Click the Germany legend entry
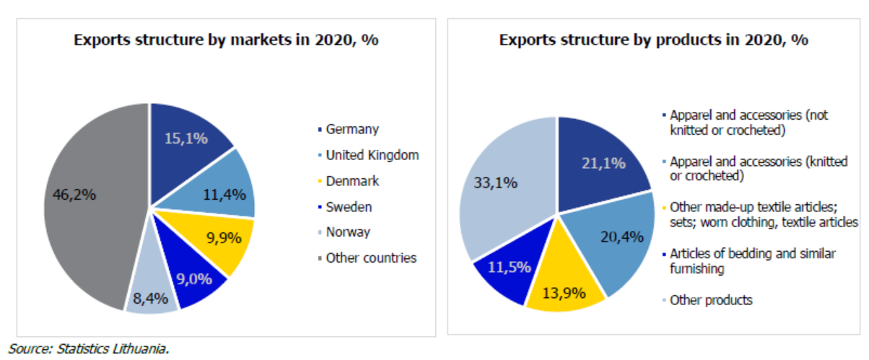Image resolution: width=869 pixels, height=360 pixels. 351,130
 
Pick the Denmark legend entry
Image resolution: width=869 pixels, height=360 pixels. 351,181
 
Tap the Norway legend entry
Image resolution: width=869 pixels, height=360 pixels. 347,232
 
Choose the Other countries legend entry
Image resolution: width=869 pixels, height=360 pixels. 370,258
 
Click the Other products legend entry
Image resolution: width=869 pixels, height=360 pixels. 710,300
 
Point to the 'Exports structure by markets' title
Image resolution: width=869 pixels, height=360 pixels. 227,40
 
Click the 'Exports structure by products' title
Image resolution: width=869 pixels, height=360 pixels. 653,39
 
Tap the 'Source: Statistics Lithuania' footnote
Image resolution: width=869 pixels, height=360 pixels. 89,348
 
